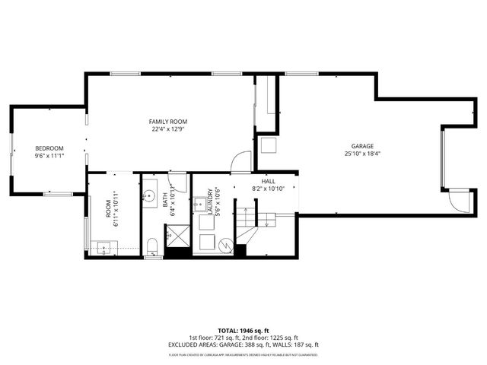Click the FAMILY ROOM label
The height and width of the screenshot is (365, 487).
[167, 122]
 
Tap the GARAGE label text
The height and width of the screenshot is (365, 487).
[361, 146]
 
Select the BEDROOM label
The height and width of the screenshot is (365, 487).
[49, 148]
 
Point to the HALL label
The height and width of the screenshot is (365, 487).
[268, 181]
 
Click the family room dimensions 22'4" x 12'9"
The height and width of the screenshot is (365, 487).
[167, 129]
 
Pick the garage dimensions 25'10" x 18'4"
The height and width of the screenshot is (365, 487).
[361, 154]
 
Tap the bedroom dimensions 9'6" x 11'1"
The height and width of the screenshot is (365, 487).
[49, 156]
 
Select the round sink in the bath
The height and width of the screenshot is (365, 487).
[148, 195]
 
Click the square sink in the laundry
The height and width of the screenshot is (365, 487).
[202, 204]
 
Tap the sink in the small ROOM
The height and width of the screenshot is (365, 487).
[103, 247]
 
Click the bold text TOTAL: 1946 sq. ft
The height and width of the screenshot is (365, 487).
[243, 331]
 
